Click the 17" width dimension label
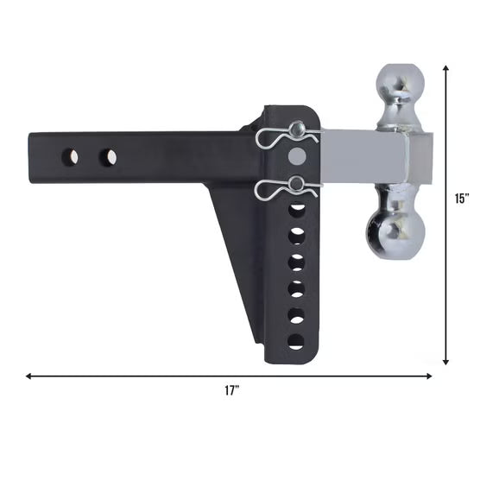point(232,391)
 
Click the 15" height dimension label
point(462,199)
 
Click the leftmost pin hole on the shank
point(70,157)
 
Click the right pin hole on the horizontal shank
point(108,157)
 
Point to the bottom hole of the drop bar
point(296,342)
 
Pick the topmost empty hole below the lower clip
point(297,211)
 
